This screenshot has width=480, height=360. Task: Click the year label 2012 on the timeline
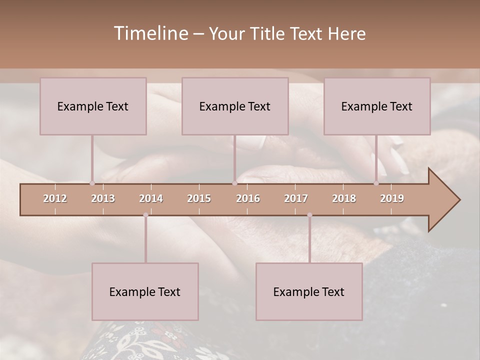55,198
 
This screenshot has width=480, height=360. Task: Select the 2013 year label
103,198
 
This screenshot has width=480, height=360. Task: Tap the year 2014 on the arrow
151,198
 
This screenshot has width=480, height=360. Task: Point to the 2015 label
199,198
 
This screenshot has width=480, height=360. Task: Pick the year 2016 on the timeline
248,198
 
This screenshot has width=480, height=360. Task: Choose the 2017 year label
296,198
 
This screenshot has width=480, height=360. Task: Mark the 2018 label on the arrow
344,198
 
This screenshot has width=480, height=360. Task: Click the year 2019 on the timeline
392,198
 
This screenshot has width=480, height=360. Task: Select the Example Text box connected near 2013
93,106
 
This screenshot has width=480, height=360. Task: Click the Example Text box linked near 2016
235,106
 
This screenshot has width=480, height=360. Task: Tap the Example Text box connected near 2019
377,106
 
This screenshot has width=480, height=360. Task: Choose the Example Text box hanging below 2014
145,291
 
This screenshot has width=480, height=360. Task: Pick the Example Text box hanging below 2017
309,291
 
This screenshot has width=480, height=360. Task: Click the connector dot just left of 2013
92,183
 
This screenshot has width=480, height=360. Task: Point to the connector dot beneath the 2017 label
309,215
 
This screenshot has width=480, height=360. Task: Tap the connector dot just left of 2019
376,183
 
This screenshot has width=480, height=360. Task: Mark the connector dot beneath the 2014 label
145,215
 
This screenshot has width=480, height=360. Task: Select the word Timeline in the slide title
150,33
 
